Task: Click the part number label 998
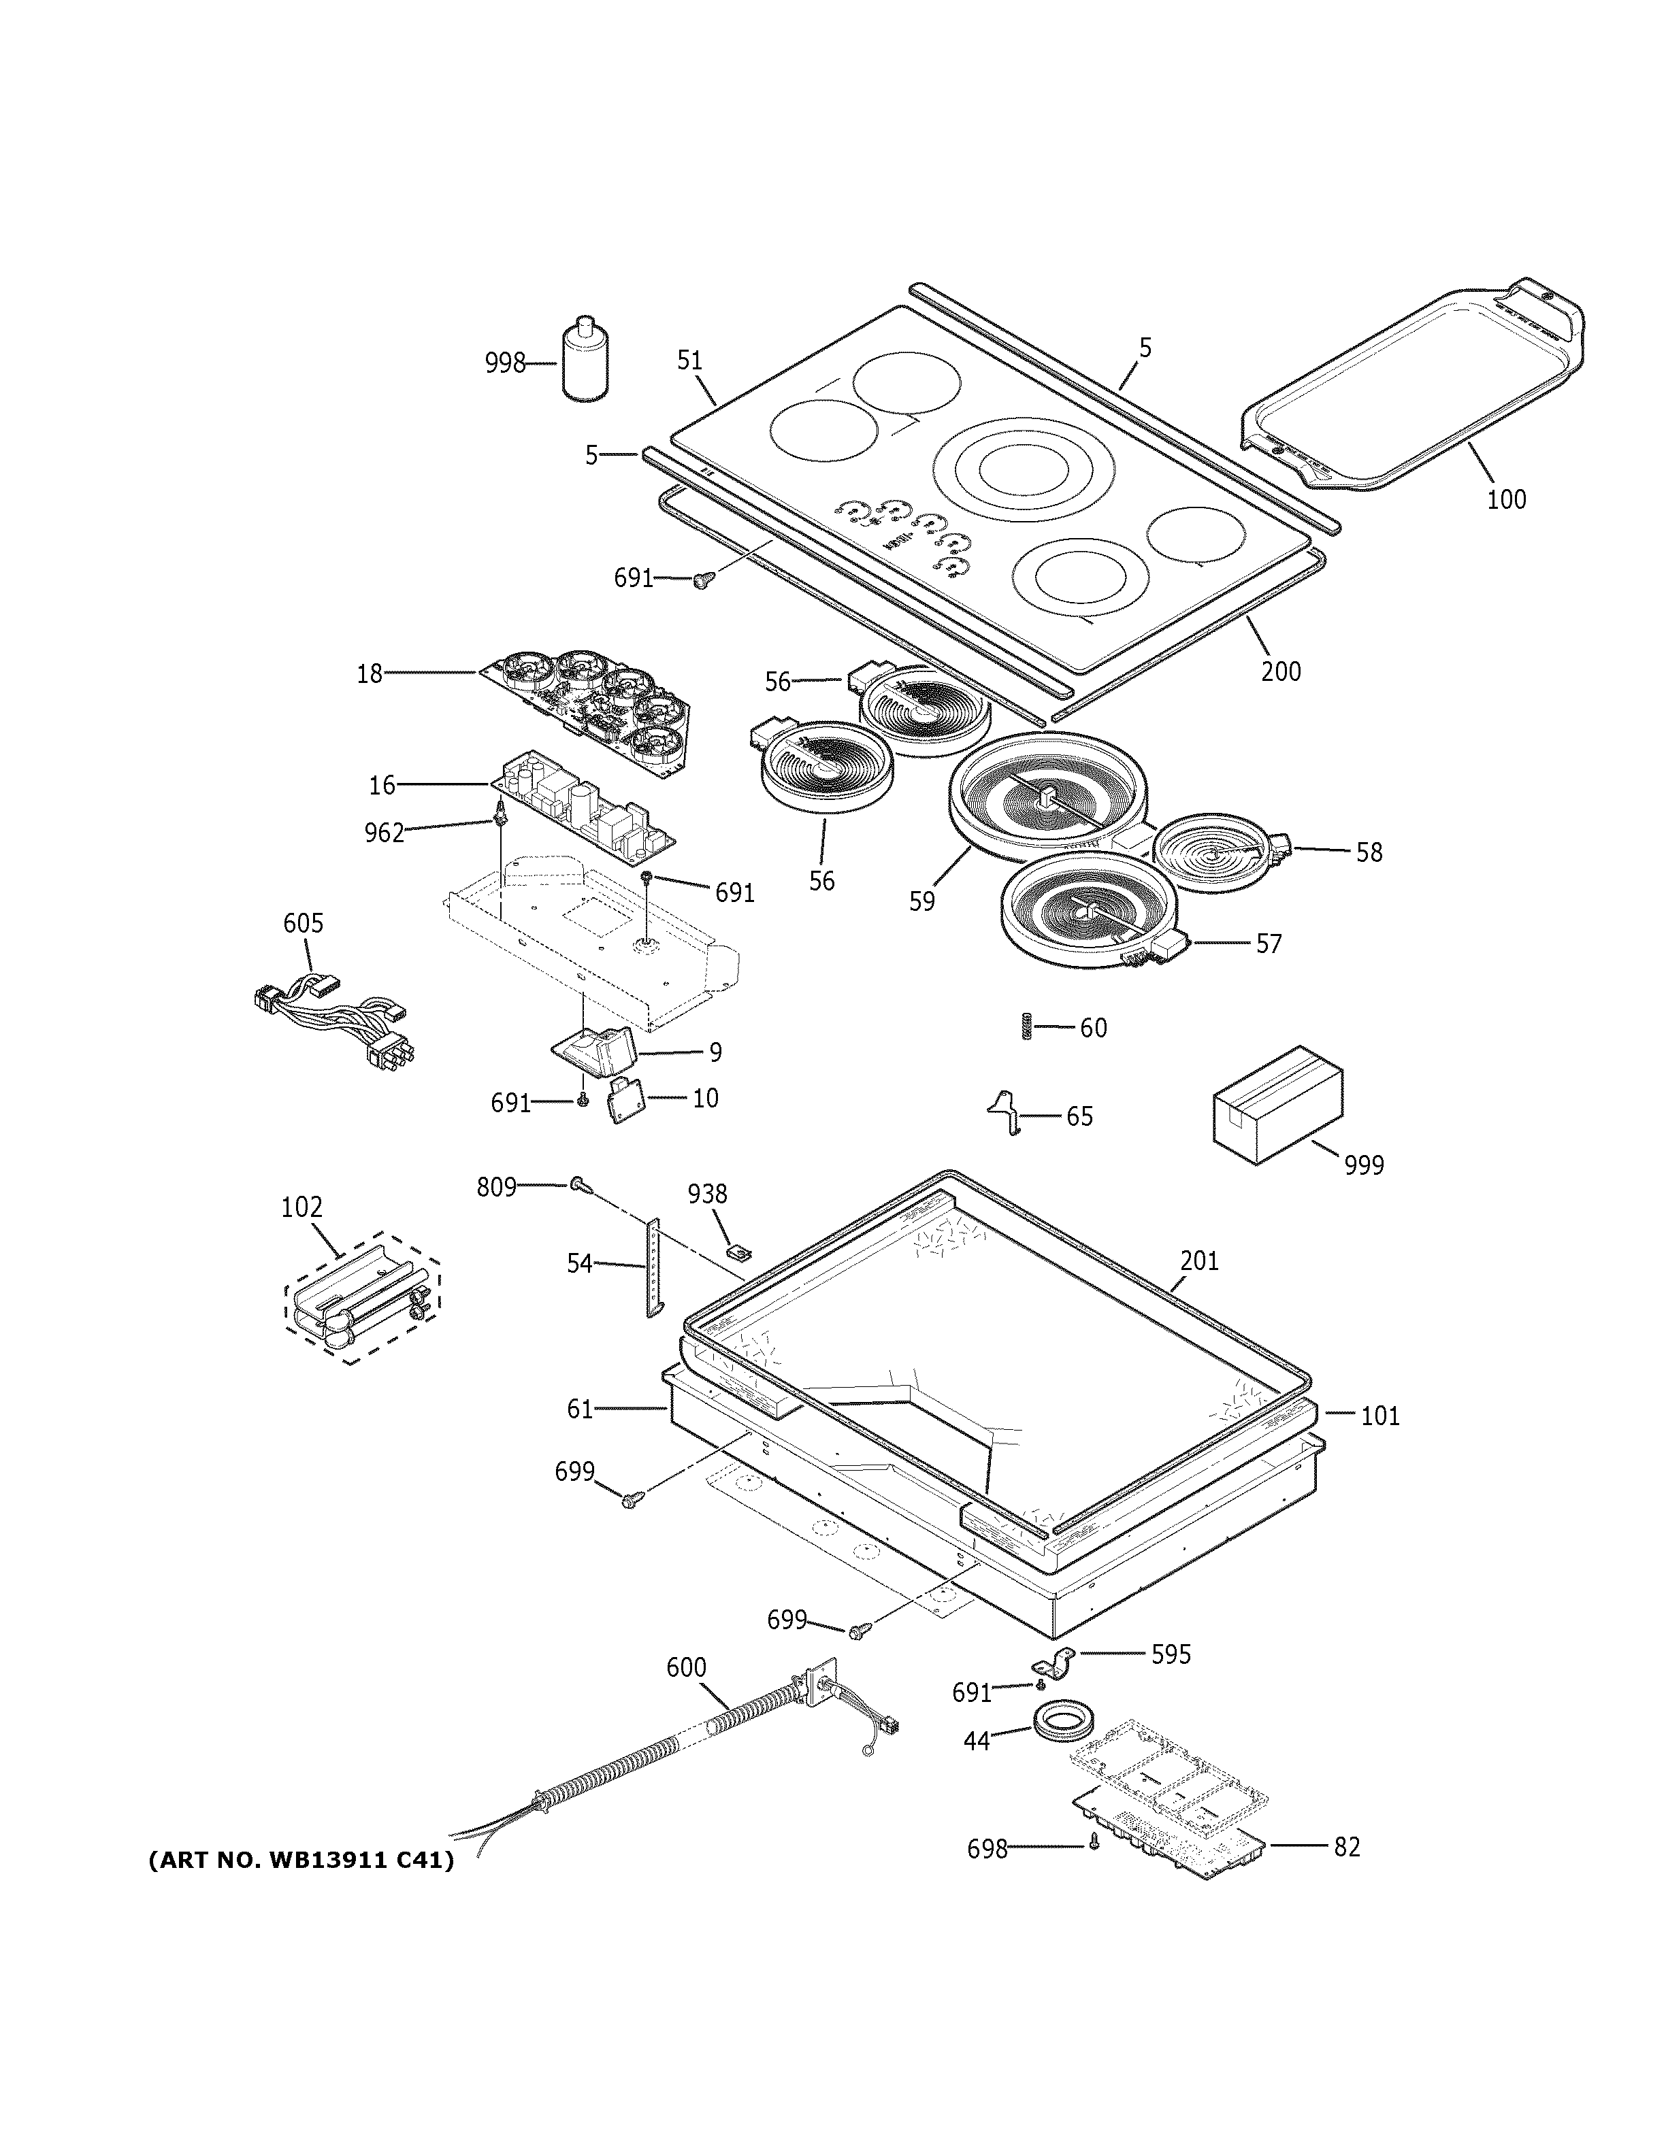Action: pyautogui.click(x=504, y=364)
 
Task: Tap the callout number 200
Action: pyautogui.click(x=1280, y=672)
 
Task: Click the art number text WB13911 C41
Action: pyautogui.click(x=301, y=1861)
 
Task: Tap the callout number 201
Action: pyautogui.click(x=1199, y=1261)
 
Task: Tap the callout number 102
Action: pyautogui.click(x=302, y=1207)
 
